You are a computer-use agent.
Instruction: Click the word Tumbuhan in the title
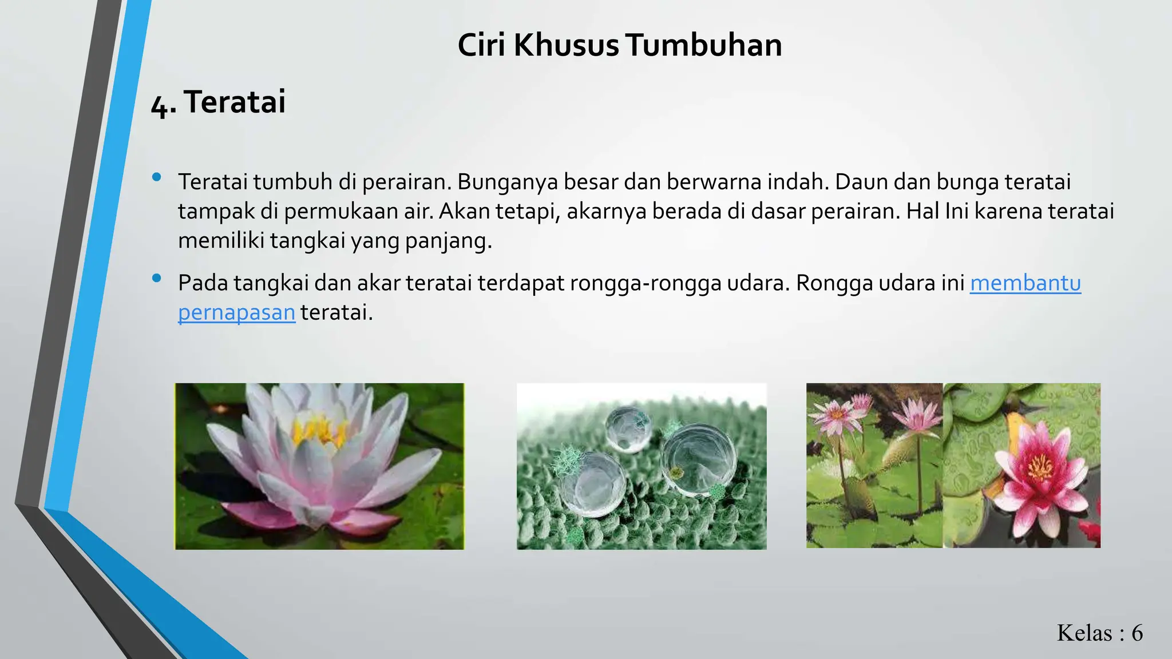pyautogui.click(x=703, y=45)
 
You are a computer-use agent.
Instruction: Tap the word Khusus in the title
pyautogui.click(x=566, y=45)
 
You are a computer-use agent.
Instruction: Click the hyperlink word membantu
pyautogui.click(x=1025, y=283)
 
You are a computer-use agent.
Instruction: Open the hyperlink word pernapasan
pyautogui.click(x=236, y=312)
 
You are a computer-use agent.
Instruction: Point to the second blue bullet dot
pyautogui.click(x=156, y=279)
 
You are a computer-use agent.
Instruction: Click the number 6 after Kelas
pyautogui.click(x=1137, y=633)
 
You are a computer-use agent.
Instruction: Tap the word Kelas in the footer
pyautogui.click(x=1084, y=633)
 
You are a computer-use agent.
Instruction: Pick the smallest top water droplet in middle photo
pyautogui.click(x=628, y=428)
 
